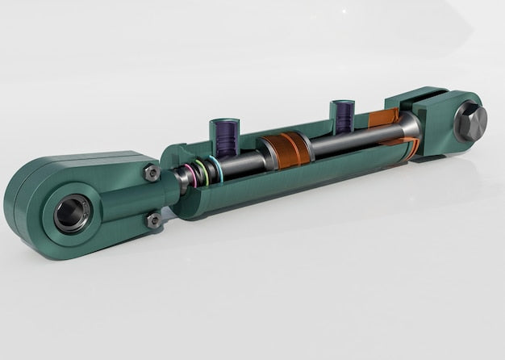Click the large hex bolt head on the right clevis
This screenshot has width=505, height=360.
(x=470, y=123)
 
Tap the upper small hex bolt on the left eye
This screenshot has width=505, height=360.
(x=151, y=172)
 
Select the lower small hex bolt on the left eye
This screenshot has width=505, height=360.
(x=153, y=220)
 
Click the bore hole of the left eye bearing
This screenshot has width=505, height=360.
(x=71, y=215)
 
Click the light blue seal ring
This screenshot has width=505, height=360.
(x=215, y=168)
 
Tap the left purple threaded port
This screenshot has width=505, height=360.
(x=224, y=136)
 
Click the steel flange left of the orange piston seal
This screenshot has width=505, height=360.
(x=266, y=153)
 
